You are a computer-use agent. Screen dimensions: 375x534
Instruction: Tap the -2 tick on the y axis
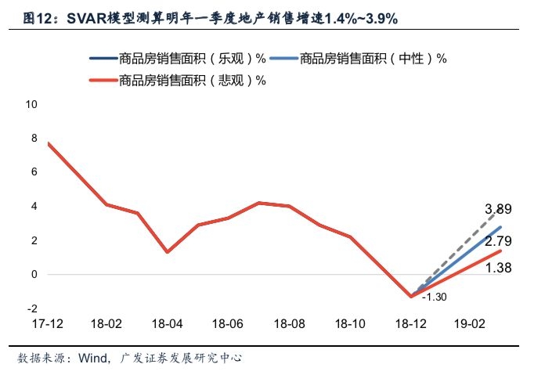coord(32,308)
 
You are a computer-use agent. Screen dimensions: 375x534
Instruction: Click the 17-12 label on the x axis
coord(48,323)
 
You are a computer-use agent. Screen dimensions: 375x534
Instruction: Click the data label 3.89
coord(499,209)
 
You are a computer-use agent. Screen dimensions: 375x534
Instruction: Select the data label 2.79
coord(499,241)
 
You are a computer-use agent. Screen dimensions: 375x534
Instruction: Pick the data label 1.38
coord(499,268)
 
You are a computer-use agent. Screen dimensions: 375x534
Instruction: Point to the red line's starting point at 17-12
coord(48,143)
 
